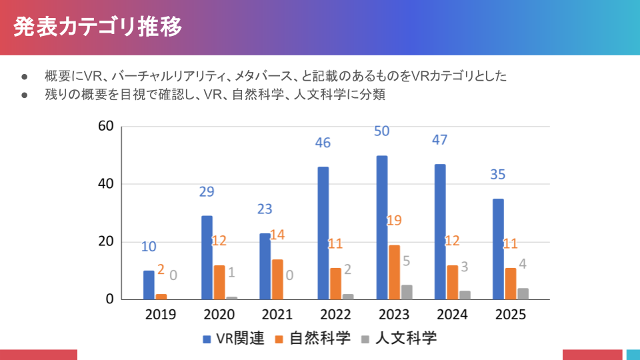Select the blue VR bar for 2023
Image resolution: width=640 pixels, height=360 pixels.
point(382,227)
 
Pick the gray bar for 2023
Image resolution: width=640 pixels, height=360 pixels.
point(407,292)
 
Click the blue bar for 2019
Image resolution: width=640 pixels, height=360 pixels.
point(149,285)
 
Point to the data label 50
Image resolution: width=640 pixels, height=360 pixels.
point(381,131)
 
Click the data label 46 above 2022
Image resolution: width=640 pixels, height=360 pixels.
point(323,143)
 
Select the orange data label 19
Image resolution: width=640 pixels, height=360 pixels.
point(394,220)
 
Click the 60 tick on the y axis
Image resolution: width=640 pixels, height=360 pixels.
point(105,126)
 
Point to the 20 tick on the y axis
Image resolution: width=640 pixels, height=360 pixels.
point(105,241)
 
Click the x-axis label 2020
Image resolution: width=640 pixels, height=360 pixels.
point(219,315)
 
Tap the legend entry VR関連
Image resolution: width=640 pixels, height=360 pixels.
point(234,338)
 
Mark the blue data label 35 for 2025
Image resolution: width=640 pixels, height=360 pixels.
point(497,175)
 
